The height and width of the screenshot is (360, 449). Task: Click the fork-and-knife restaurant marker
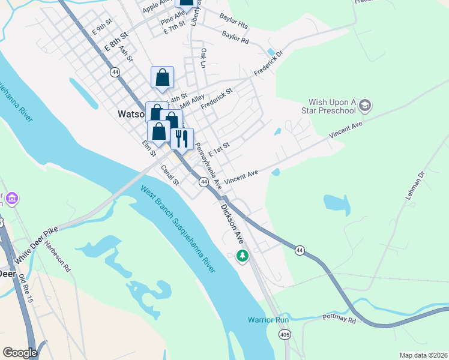click(x=182, y=138)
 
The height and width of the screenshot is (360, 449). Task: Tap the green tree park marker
click(x=243, y=256)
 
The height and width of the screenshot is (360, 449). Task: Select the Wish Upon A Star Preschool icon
click(x=365, y=107)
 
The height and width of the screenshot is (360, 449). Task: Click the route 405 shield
click(x=284, y=335)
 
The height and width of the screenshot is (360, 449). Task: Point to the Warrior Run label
click(x=269, y=320)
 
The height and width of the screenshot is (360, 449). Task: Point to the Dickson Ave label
click(x=231, y=221)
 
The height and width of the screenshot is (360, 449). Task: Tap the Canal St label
click(x=170, y=175)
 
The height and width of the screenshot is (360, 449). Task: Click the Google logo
click(x=20, y=353)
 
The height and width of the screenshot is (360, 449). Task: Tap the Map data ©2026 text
click(x=423, y=355)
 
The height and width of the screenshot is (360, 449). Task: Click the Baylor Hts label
click(x=234, y=22)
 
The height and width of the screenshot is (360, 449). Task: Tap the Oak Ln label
click(x=204, y=58)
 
